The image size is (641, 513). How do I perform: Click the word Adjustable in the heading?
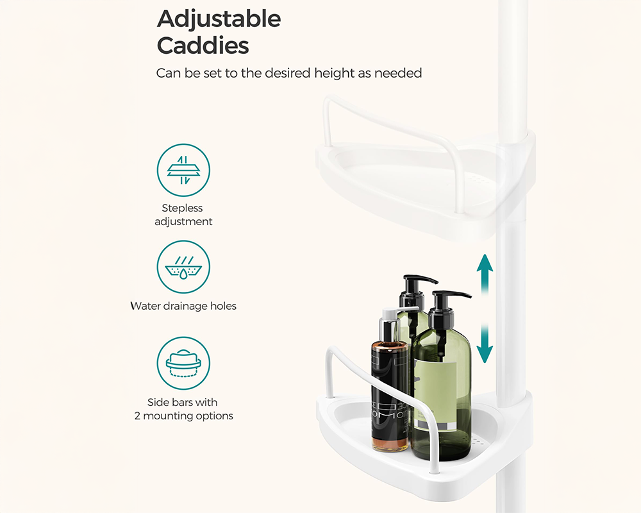pyautogui.click(x=219, y=19)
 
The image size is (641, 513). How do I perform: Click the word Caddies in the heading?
pyautogui.click(x=203, y=46)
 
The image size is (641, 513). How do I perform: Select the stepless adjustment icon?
pyautogui.click(x=184, y=170)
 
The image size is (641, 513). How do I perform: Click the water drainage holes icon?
pyautogui.click(x=184, y=267)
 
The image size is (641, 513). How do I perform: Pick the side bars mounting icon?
pyautogui.click(x=184, y=364)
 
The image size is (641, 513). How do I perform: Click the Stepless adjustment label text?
pyautogui.click(x=183, y=215)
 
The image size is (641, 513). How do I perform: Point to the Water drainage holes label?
pyautogui.click(x=183, y=306)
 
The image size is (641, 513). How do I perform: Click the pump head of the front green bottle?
pyautogui.click(x=450, y=298)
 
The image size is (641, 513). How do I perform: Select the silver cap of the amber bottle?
pyautogui.click(x=392, y=326)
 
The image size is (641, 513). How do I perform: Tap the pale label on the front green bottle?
pyautogui.click(x=437, y=392)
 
